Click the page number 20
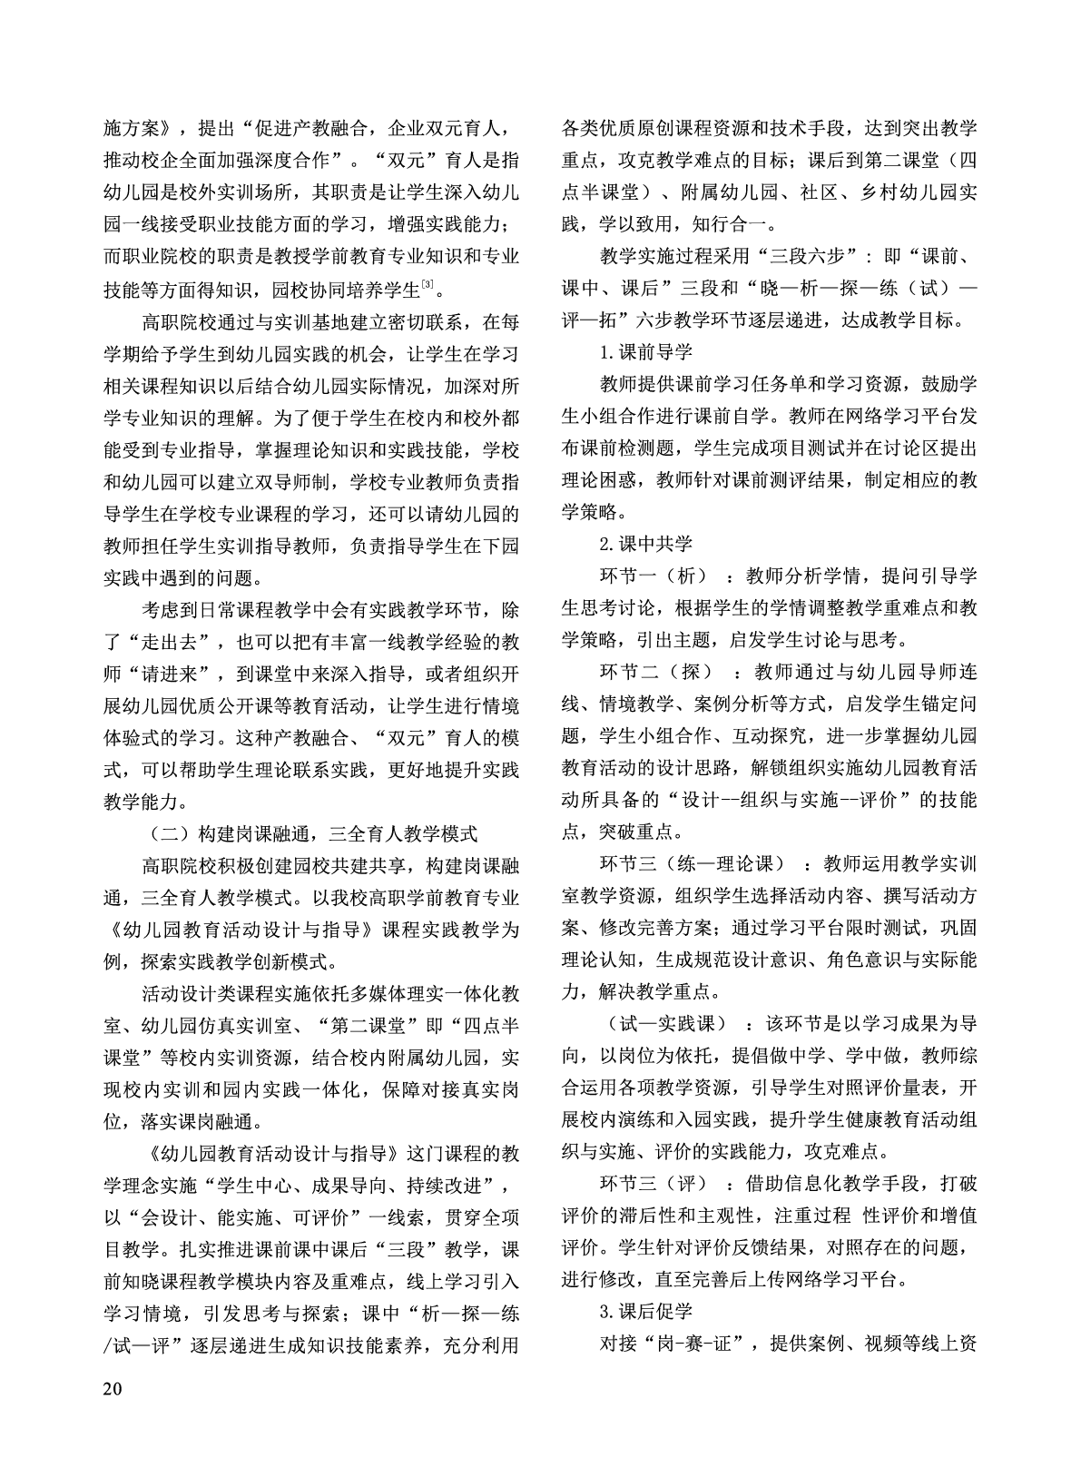coord(113,1389)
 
